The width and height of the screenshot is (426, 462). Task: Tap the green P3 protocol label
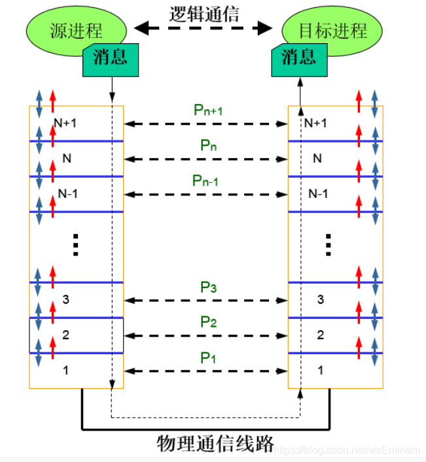(208, 287)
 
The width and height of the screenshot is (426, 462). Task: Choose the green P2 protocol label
(208, 322)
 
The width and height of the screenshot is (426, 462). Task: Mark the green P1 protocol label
(208, 357)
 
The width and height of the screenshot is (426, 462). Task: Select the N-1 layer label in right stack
(317, 194)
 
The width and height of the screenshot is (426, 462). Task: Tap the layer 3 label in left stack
(65, 300)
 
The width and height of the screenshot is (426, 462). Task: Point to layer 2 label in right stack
(320, 335)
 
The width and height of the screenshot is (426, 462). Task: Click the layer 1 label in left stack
(65, 371)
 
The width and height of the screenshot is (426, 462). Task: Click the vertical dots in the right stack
(328, 245)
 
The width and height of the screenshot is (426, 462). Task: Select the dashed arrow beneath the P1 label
(206, 371)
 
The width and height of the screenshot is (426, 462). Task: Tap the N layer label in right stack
(317, 158)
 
